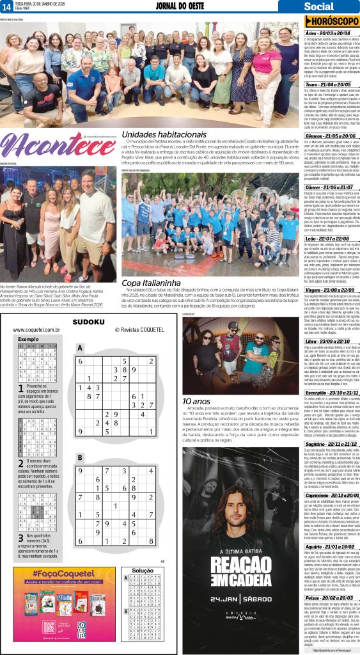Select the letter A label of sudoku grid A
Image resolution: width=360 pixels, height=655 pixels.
point(80,349)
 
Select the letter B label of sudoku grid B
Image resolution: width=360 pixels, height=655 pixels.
point(80,457)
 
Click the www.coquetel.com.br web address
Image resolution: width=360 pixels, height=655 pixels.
point(37,330)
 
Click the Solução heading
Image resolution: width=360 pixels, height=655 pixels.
point(142,571)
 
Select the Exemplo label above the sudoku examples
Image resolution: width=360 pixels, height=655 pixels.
point(28,339)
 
